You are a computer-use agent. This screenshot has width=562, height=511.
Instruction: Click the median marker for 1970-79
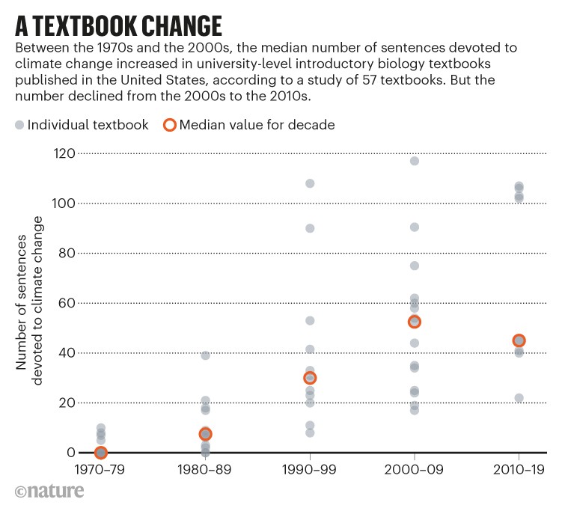pos(101,453)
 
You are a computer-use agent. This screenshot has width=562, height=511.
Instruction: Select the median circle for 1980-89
pos(205,434)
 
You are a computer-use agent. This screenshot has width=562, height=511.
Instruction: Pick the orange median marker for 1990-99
pos(310,378)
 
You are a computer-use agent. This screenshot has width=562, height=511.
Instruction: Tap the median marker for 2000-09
pos(415,322)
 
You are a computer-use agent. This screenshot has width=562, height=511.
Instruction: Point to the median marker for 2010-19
pos(519,340)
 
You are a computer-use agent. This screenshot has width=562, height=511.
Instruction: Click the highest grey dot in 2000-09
pos(415,161)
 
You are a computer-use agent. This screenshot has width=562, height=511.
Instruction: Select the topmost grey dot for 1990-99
pos(310,183)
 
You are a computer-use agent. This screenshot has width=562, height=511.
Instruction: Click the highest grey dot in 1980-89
pos(205,355)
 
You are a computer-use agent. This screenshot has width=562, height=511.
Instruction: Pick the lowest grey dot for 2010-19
pos(519,398)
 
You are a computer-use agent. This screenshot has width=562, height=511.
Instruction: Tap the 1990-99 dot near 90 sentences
pos(310,228)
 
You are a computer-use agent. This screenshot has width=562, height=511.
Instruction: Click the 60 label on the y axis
pos(66,303)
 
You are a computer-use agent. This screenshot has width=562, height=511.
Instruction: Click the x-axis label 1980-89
pos(205,473)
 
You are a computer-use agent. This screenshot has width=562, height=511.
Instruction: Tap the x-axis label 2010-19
pos(519,473)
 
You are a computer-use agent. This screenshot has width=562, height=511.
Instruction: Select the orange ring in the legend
pos(169,124)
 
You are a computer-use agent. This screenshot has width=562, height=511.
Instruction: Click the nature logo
pos(49,492)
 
